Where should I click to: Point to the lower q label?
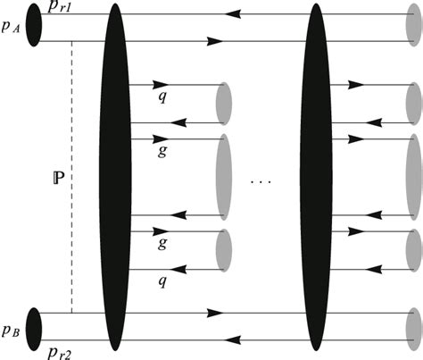tap(162, 280)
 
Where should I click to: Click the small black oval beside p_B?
tap(35, 327)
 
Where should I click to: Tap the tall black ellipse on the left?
tap(112, 179)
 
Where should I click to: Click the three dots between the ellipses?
tap(261, 182)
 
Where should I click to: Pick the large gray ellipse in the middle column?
tap(224, 177)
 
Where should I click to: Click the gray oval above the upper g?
tap(224, 104)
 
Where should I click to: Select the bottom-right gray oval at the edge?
tap(413, 327)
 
